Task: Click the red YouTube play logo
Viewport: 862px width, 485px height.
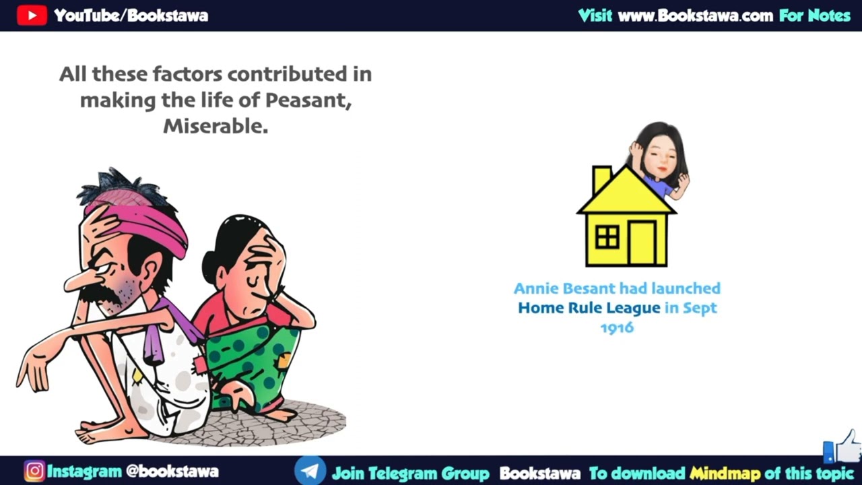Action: point(32,15)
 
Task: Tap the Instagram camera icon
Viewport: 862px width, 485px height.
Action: point(34,471)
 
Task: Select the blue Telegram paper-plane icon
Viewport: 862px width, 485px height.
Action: point(310,471)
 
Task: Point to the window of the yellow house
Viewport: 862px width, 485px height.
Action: point(607,237)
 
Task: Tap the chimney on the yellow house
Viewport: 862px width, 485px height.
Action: point(601,179)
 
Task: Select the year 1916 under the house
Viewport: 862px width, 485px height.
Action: point(617,327)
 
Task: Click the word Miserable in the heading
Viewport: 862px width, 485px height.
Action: point(215,126)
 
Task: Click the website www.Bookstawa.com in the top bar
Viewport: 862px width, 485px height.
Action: point(695,15)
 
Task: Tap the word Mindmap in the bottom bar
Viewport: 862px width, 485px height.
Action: point(725,473)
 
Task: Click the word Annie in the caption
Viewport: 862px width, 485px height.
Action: point(537,288)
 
